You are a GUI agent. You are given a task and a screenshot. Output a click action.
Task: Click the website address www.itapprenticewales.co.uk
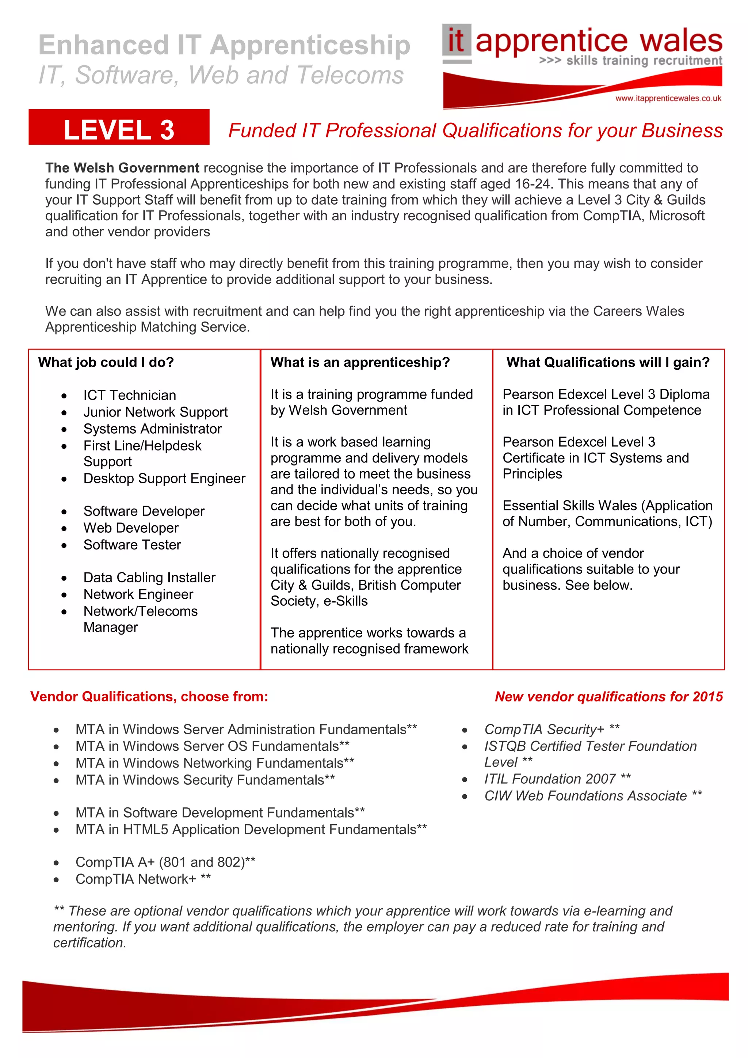pyautogui.click(x=668, y=99)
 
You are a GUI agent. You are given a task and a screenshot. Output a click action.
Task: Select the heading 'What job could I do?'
pyautogui.click(x=106, y=363)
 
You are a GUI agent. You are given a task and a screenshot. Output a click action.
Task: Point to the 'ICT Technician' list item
pyautogui.click(x=129, y=395)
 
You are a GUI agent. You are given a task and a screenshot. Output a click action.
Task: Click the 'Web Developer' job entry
pyautogui.click(x=131, y=528)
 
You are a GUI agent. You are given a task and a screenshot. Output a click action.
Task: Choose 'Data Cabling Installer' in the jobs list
pyautogui.click(x=149, y=578)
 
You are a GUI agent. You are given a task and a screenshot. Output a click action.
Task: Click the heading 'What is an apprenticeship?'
pyautogui.click(x=360, y=363)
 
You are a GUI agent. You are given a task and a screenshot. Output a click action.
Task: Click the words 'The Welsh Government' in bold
pyautogui.click(x=122, y=168)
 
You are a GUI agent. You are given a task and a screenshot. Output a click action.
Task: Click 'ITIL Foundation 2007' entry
pyautogui.click(x=550, y=779)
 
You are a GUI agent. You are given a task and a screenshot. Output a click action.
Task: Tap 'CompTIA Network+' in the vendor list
pyautogui.click(x=136, y=879)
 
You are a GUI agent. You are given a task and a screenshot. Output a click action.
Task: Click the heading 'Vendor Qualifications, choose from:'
pyautogui.click(x=149, y=697)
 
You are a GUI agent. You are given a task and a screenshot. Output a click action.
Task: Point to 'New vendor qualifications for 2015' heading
pyautogui.click(x=608, y=697)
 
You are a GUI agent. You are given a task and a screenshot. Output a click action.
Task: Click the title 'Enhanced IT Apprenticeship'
pyautogui.click(x=224, y=45)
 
